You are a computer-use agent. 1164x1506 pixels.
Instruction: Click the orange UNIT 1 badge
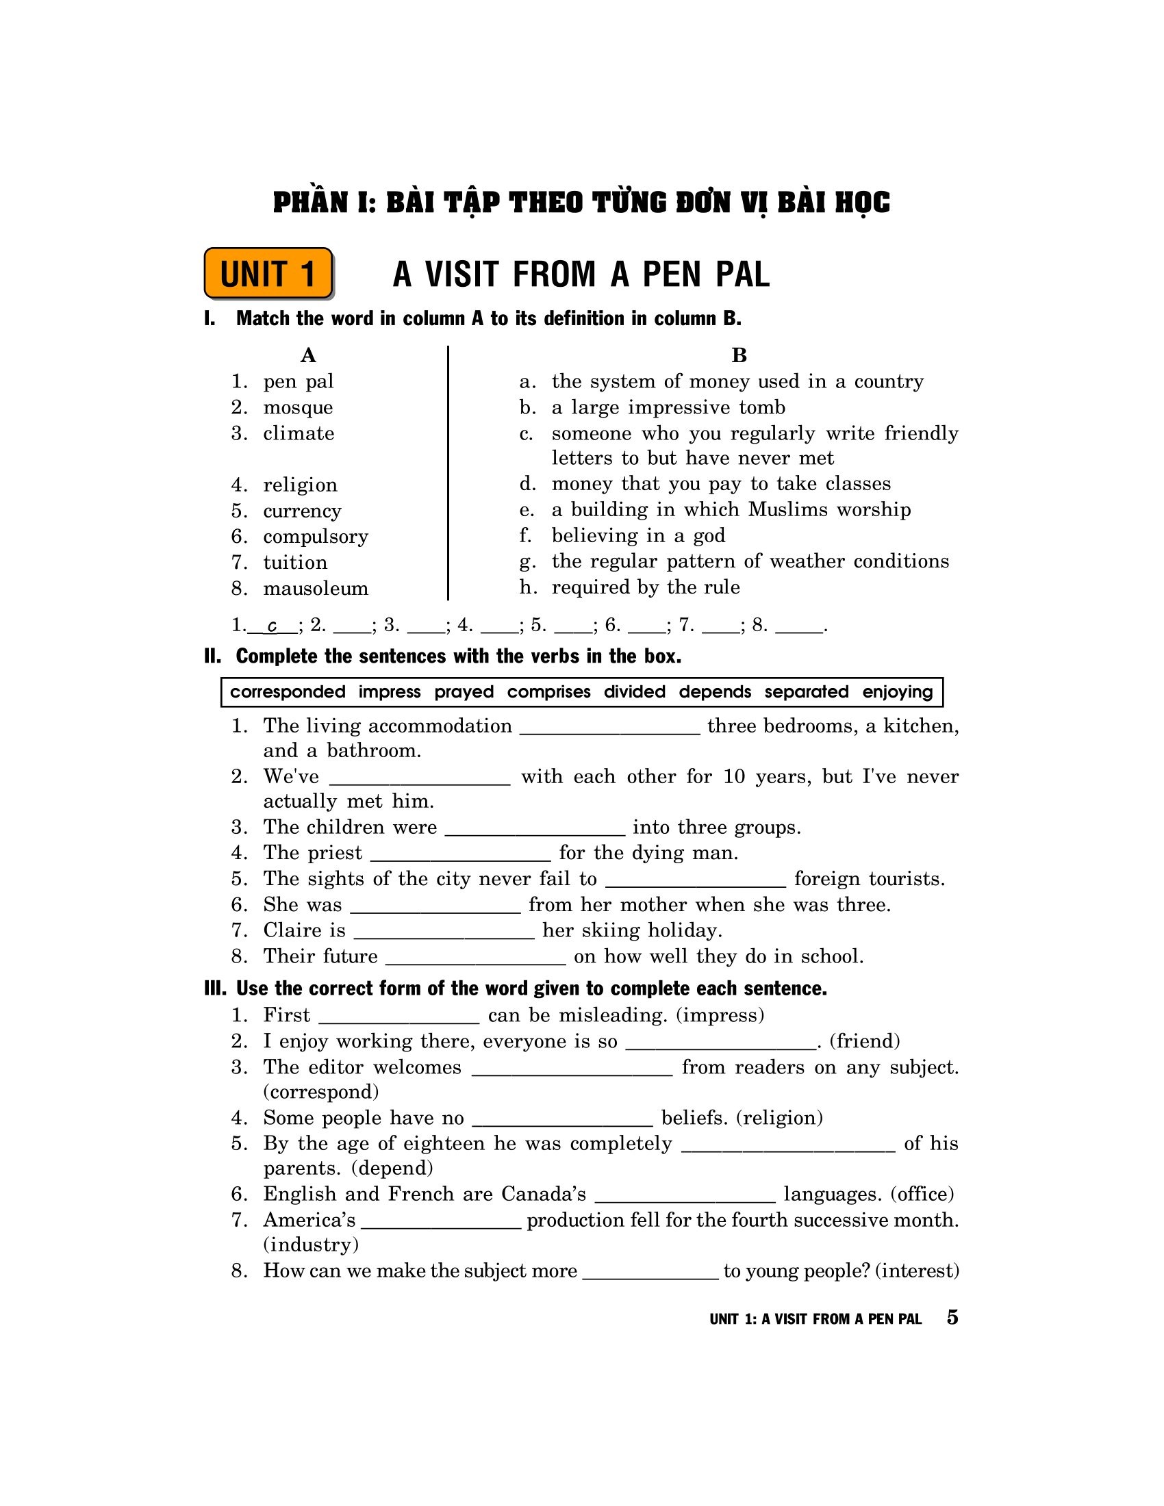pyautogui.click(x=268, y=274)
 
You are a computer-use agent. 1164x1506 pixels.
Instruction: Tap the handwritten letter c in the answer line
pyautogui.click(x=273, y=626)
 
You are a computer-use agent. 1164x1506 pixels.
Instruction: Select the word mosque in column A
pyautogui.click(x=298, y=407)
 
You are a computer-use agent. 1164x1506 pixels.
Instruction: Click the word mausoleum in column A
pyautogui.click(x=316, y=588)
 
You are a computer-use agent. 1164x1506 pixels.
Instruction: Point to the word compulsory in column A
pyautogui.click(x=316, y=537)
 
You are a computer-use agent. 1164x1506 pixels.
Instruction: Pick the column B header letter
pyautogui.click(x=739, y=355)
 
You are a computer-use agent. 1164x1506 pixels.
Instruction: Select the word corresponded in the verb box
pyautogui.click(x=288, y=691)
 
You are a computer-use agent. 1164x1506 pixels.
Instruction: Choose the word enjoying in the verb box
pyautogui.click(x=897, y=691)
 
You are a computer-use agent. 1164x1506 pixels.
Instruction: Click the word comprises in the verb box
pyautogui.click(x=549, y=691)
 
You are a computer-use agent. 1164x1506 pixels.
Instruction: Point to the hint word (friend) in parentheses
pyautogui.click(x=865, y=1041)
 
